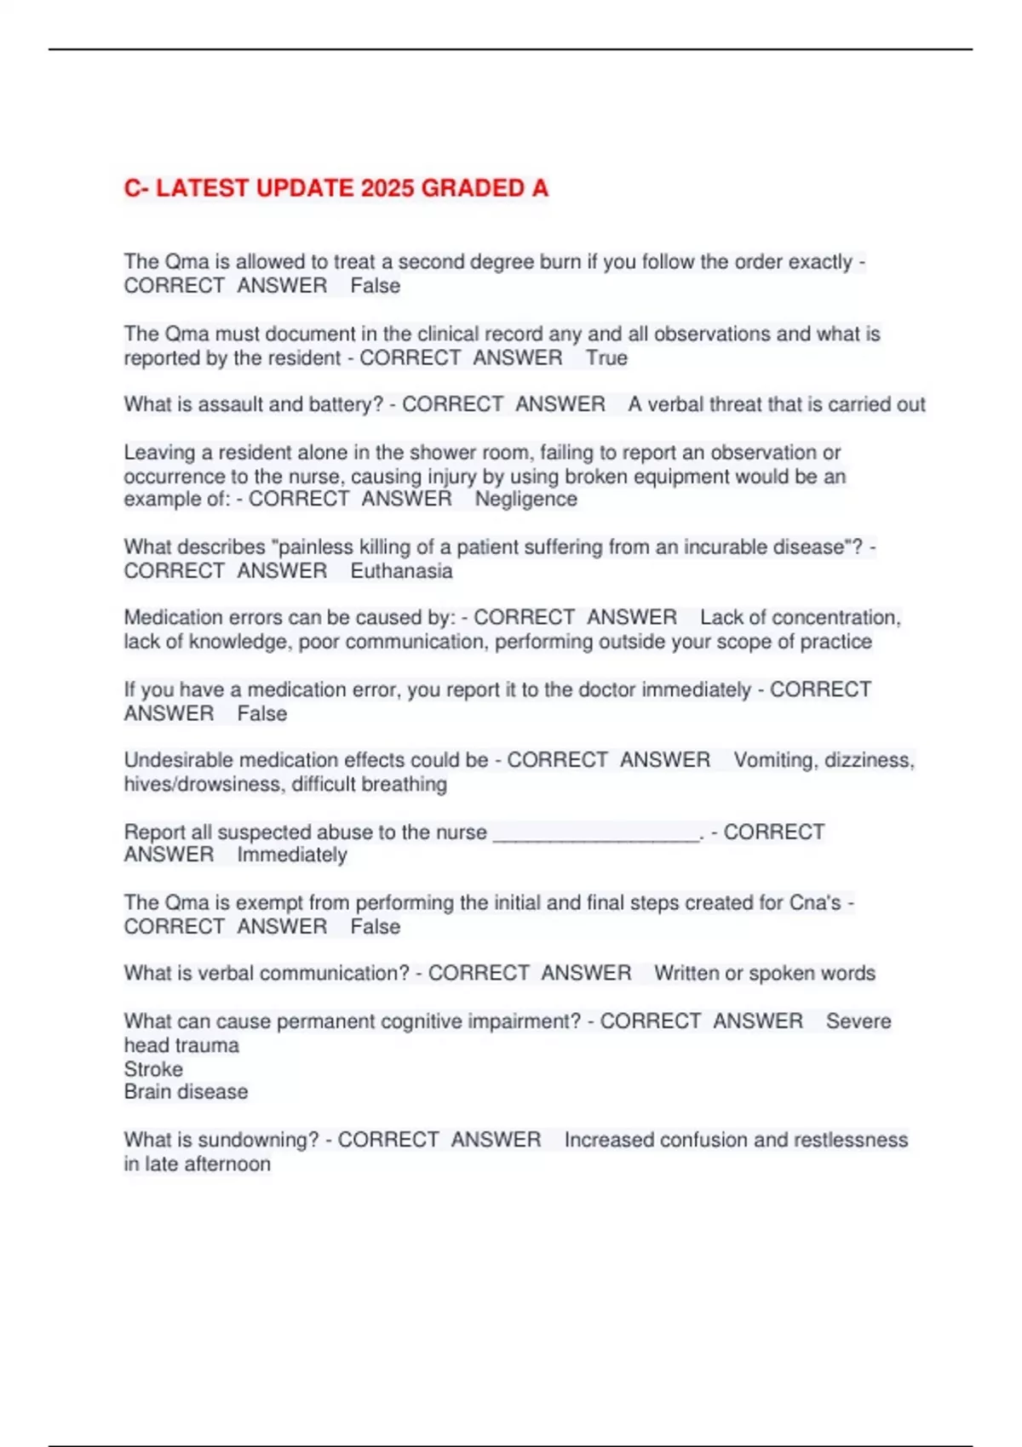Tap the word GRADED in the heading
click(x=474, y=188)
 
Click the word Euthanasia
click(x=401, y=571)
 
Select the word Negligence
click(x=525, y=500)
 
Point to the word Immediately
click(x=292, y=855)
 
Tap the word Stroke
click(x=153, y=1069)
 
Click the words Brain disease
click(x=186, y=1092)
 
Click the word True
click(x=606, y=358)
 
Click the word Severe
click(x=858, y=1021)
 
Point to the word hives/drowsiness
click(x=203, y=784)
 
